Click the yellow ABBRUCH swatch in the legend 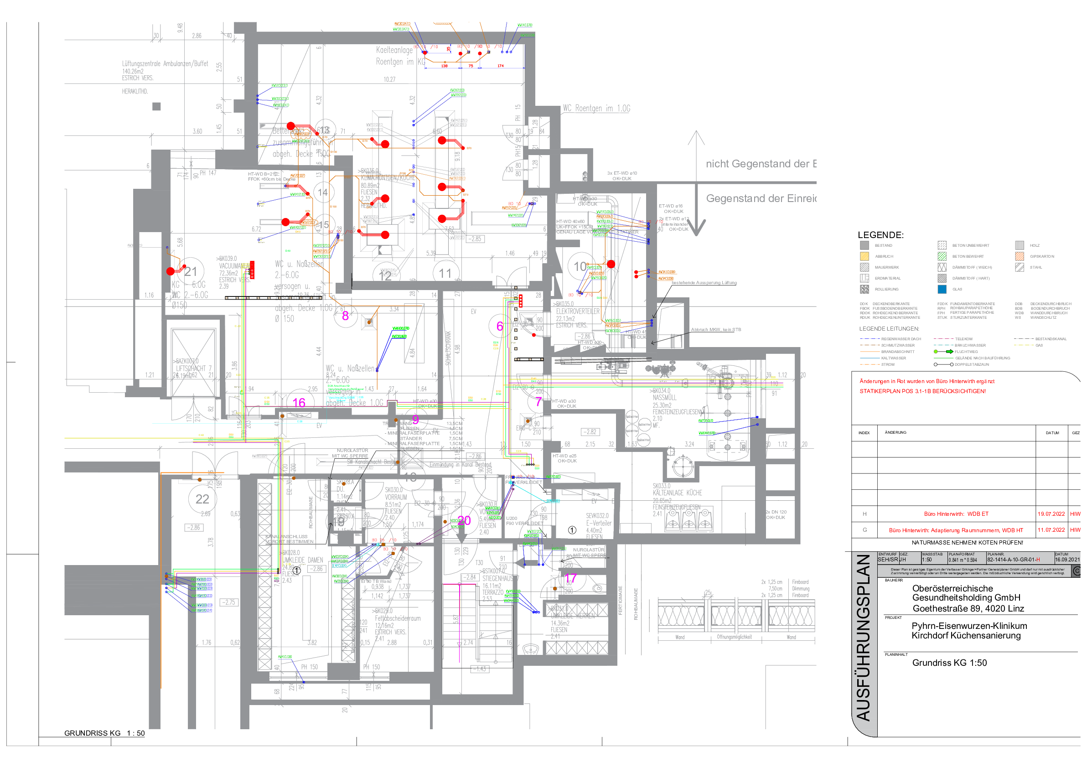pos(864,256)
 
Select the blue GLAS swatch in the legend pos(942,289)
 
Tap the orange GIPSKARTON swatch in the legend pos(1020,256)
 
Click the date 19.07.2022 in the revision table pos(1051,514)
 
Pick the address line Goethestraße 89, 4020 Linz pos(968,608)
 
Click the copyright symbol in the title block pos(1076,571)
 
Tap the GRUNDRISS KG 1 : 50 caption pos(104,733)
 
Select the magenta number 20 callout pos(464,520)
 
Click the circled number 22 pos(202,499)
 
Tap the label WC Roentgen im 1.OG pos(596,109)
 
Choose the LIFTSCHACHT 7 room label pos(194,368)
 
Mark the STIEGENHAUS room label pos(499,578)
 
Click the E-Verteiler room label pos(599,523)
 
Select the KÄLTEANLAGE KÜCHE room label pos(677,493)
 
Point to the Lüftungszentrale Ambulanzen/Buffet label pos(165,63)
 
